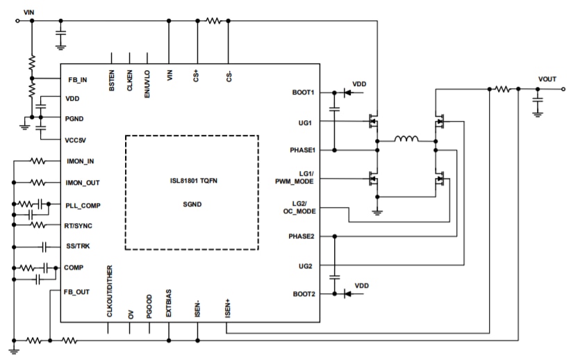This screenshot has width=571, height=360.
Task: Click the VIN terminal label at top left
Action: click(x=28, y=13)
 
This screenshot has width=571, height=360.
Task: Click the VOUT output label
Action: click(x=547, y=79)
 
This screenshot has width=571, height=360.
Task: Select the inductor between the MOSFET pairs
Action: click(x=406, y=139)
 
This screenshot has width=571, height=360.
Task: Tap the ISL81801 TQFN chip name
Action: click(x=193, y=181)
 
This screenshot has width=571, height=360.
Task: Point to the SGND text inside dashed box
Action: click(x=192, y=204)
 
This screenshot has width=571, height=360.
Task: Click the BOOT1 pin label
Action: click(x=303, y=92)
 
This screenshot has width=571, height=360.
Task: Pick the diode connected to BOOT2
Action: click(x=347, y=294)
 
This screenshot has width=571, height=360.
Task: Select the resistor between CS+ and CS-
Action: click(x=213, y=21)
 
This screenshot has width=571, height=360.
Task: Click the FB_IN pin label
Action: click(x=78, y=80)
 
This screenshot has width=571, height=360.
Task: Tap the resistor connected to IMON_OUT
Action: click(x=38, y=183)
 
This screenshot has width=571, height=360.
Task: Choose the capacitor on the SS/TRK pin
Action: click(x=44, y=247)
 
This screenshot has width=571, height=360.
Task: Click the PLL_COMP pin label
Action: click(x=83, y=206)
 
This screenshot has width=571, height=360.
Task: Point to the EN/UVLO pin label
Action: click(x=147, y=84)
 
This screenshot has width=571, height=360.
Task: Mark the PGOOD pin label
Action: click(x=149, y=306)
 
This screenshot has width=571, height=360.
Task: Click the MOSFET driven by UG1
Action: click(x=373, y=121)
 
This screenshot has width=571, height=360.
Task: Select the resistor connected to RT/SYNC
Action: click(x=38, y=225)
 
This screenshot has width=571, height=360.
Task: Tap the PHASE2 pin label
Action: click(x=301, y=236)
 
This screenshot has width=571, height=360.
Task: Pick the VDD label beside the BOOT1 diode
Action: click(x=359, y=84)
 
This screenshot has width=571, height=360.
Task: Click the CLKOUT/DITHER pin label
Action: click(x=110, y=291)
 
